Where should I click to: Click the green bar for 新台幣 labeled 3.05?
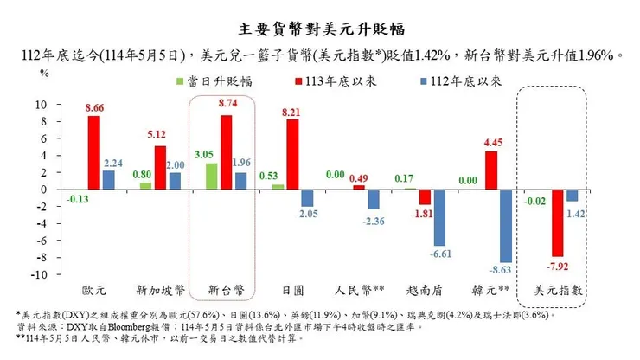[211, 177]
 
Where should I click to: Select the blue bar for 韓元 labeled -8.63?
[506, 226]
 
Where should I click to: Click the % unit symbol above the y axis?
[44, 74]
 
